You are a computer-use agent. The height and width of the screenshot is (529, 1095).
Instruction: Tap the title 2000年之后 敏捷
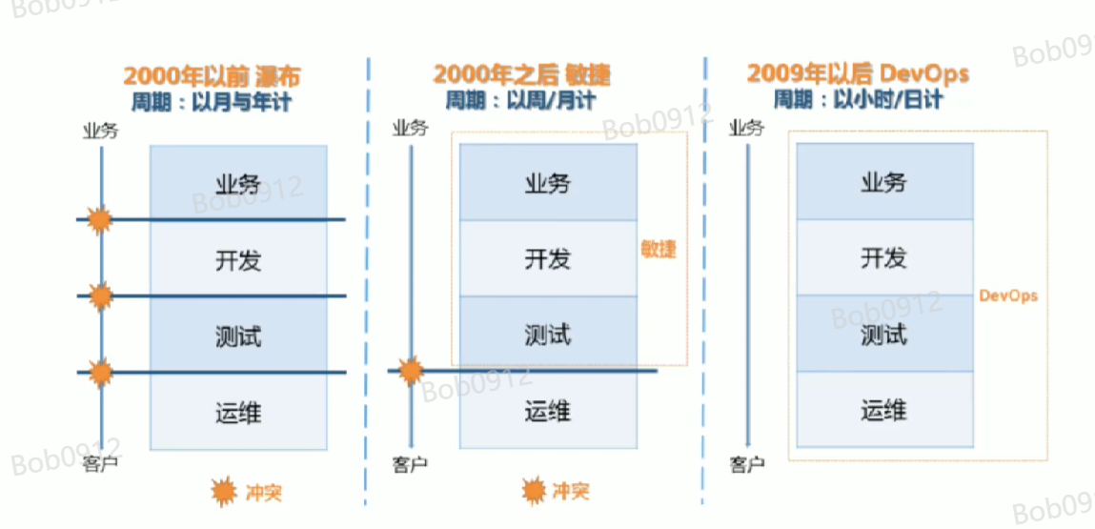coord(521,75)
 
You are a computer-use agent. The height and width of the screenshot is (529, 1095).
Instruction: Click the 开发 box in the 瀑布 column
coord(238,258)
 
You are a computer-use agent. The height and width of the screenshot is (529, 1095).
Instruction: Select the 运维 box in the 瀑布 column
coord(238,413)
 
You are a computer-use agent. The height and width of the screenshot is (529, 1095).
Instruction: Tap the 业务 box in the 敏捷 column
coord(548,182)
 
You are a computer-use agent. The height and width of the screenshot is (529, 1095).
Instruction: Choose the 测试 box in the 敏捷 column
coord(548,335)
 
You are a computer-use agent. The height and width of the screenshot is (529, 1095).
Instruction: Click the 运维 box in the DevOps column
coord(884,411)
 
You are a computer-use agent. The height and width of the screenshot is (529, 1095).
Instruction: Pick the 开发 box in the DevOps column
coord(884,257)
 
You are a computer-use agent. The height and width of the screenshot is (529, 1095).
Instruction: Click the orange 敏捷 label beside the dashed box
coord(659,250)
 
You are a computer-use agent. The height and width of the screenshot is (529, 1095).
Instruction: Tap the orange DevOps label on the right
coord(1008,295)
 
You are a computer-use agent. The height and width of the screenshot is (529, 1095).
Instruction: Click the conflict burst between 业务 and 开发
coord(99,221)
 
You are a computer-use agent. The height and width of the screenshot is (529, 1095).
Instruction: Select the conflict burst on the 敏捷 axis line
coord(411,370)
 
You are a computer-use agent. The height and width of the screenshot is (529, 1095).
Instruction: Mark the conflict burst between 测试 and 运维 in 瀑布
coord(100,372)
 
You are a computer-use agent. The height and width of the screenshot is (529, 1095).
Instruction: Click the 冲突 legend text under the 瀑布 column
coord(263,493)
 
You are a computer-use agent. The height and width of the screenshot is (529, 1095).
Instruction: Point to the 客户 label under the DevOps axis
coord(747,464)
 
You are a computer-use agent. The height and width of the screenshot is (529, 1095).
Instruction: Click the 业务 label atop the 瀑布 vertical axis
coord(100,130)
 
